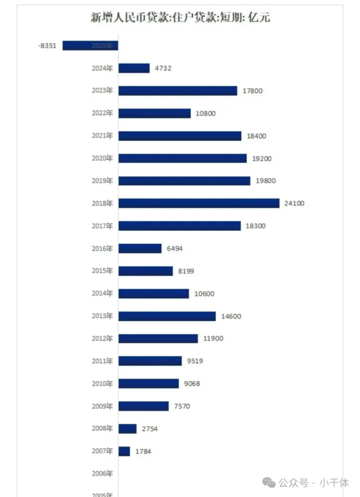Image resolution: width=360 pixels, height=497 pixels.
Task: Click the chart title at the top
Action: click(180, 18)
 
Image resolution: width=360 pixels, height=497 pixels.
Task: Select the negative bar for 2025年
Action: click(90, 46)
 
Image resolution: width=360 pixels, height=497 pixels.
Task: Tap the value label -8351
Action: click(48, 46)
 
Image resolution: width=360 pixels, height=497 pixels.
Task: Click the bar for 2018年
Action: click(199, 203)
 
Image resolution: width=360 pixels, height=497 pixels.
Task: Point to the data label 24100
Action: click(294, 203)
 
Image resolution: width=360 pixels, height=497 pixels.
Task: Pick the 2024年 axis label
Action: click(102, 68)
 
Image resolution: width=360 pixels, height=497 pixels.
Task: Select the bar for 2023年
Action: click(178, 91)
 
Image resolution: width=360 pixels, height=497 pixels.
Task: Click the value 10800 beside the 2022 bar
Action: click(206, 114)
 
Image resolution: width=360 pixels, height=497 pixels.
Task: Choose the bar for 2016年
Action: click(140, 248)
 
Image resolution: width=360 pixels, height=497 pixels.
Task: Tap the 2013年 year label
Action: click(102, 316)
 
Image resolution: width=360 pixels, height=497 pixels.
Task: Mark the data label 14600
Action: click(231, 316)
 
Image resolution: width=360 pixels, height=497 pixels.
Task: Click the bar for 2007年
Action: click(124, 451)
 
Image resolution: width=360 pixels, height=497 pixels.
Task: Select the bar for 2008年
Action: click(127, 429)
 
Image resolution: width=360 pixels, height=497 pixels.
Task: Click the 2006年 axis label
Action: click(102, 474)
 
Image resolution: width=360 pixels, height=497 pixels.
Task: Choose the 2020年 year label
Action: click(102, 158)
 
